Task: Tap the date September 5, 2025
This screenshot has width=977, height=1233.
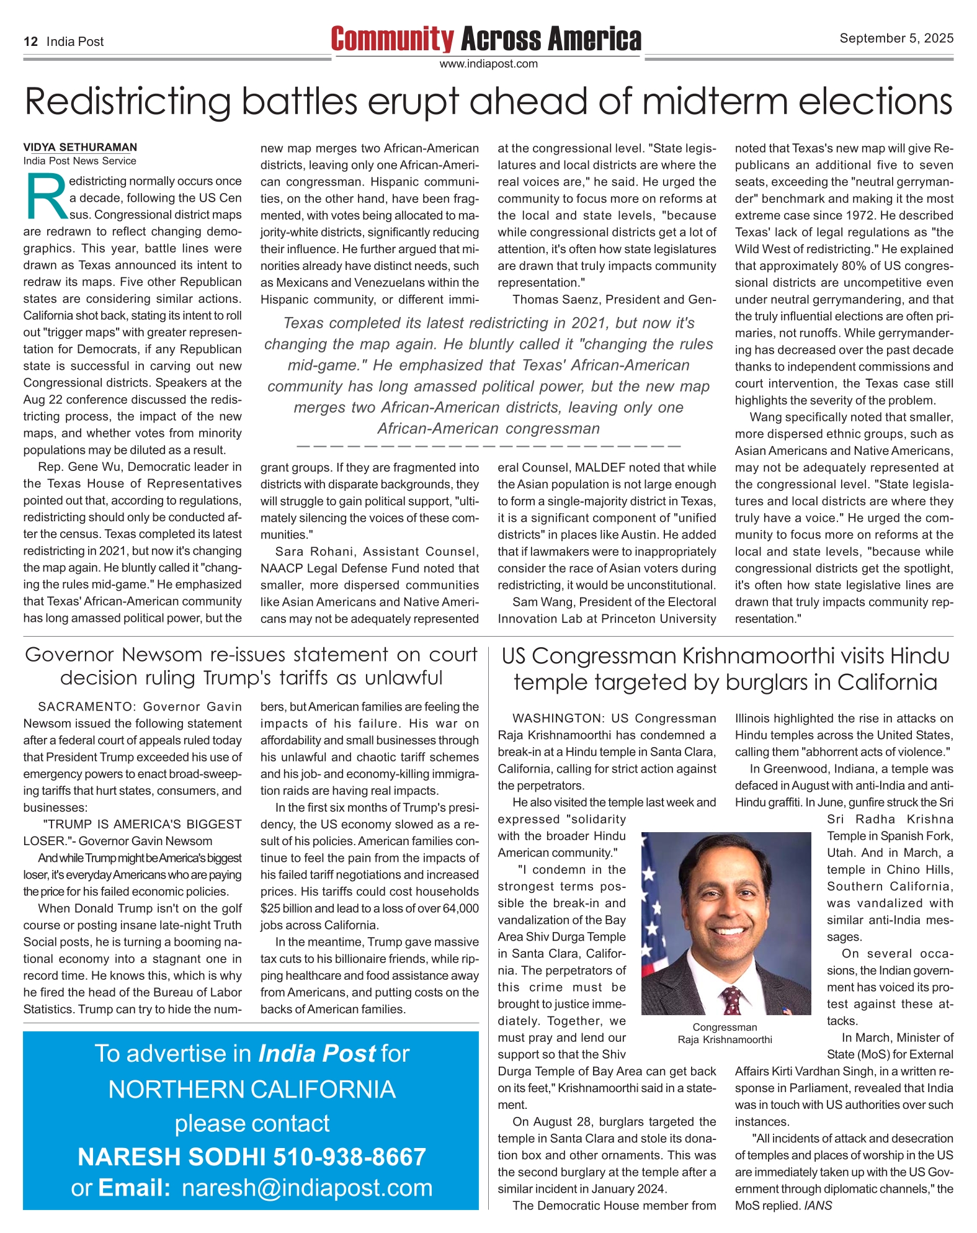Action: pos(896,38)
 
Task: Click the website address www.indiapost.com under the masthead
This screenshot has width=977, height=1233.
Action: pos(488,64)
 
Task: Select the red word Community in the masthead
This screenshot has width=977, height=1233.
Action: pos(392,39)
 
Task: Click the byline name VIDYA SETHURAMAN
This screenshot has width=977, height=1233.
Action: pos(80,148)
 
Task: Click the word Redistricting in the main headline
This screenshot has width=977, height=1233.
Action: pos(128,102)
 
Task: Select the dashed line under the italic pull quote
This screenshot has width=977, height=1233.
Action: pos(489,446)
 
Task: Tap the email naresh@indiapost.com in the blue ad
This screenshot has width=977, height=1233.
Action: pos(307,1188)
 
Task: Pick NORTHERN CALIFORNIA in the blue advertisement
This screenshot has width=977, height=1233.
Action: pos(252,1090)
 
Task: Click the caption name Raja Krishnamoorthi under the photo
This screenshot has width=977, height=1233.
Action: pos(725,1040)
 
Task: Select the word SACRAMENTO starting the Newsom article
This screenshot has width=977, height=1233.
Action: pos(87,707)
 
